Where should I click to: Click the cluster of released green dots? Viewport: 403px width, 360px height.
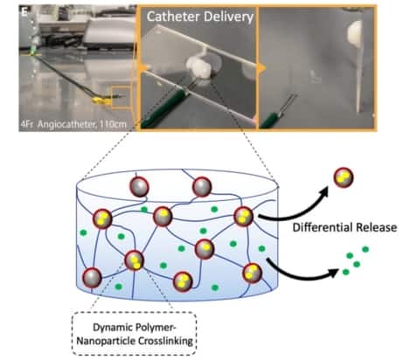[x=354, y=260]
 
